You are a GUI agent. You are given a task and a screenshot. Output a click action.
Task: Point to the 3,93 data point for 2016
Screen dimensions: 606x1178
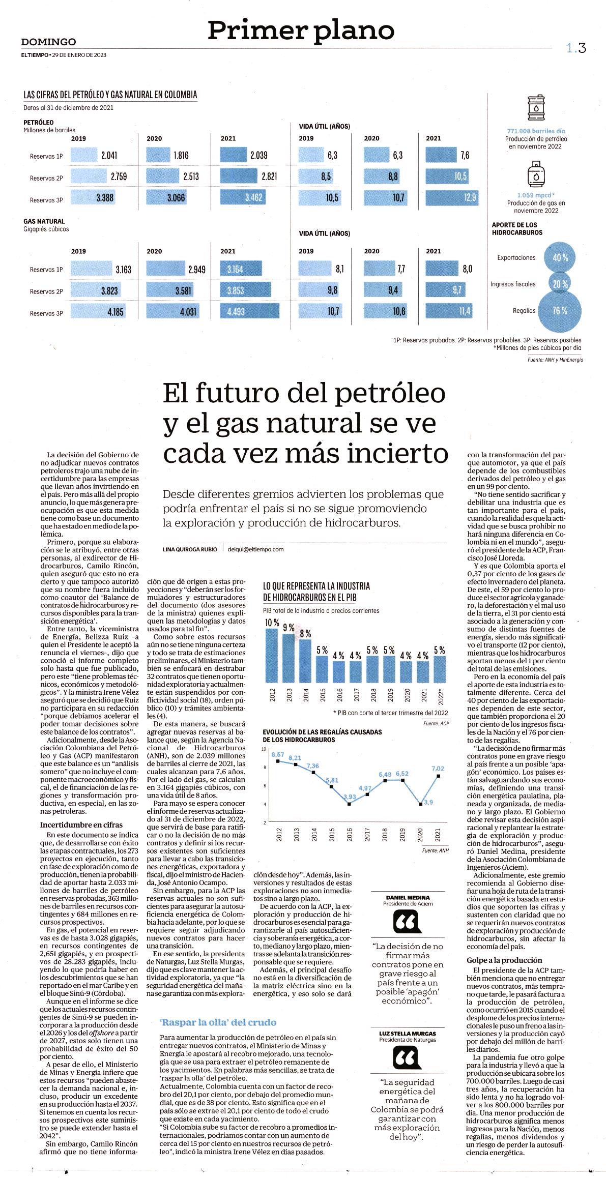349,804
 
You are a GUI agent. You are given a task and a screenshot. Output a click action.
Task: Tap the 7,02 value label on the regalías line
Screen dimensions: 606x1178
438,768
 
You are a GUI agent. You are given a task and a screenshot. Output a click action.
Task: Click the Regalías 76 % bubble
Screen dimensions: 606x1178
559,310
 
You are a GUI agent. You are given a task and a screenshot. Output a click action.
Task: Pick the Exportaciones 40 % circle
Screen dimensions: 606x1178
560,258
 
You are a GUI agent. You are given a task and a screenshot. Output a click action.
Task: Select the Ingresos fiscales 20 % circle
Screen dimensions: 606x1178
560,284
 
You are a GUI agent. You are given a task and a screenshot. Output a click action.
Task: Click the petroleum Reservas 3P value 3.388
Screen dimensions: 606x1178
105,198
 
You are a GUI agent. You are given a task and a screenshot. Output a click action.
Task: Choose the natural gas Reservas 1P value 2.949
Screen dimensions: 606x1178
196,270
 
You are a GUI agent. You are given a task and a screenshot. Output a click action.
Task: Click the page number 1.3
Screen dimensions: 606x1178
576,48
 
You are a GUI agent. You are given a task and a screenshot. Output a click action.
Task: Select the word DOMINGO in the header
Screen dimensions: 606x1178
49,42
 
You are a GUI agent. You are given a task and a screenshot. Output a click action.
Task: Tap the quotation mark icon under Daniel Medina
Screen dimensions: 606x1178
407,920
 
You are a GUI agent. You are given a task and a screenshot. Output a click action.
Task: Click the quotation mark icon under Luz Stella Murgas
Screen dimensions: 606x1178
407,1059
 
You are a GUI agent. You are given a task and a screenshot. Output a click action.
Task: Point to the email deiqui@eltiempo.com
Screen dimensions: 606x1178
255,549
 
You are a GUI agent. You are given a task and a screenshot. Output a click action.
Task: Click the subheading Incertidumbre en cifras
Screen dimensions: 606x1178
81,825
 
